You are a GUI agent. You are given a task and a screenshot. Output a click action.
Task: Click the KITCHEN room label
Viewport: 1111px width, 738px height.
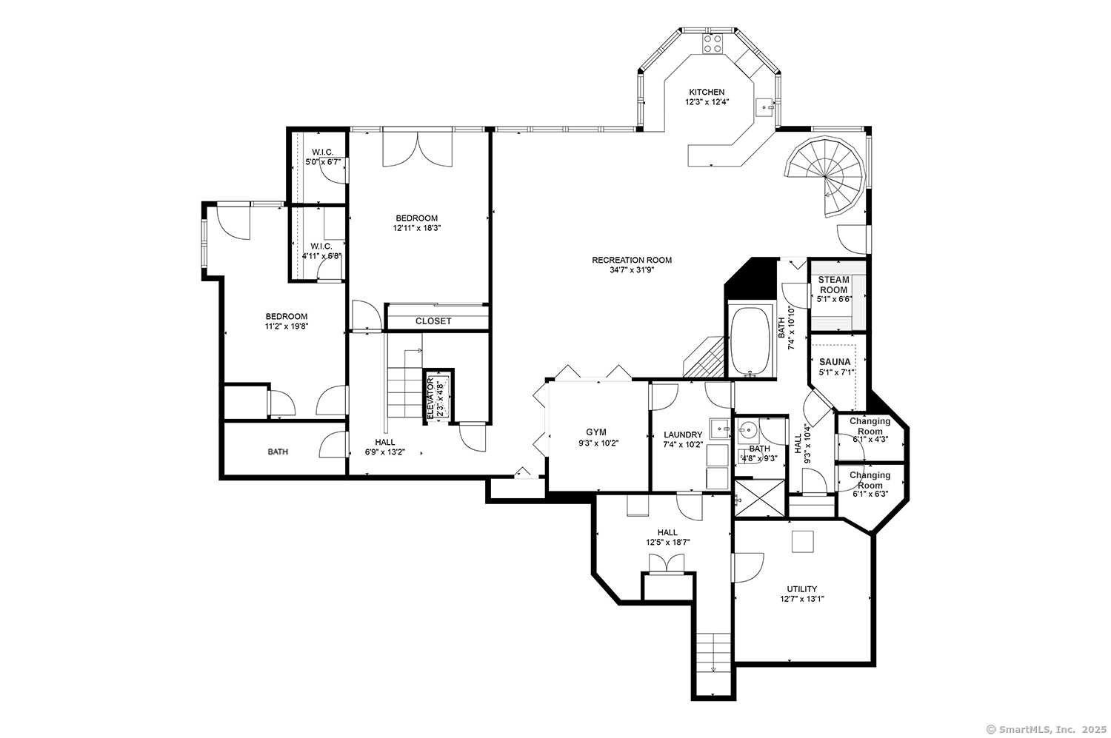[707, 93]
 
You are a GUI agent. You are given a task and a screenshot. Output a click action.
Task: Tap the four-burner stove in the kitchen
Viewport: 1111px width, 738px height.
[713, 44]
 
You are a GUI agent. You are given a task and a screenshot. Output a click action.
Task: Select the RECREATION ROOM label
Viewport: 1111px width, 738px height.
[631, 261]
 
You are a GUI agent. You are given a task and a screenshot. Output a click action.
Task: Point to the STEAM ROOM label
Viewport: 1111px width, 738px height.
[833, 285]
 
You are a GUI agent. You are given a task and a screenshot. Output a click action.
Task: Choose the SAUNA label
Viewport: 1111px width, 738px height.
[835, 362]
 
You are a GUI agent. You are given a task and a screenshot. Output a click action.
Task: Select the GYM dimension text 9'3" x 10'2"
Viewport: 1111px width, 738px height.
[598, 443]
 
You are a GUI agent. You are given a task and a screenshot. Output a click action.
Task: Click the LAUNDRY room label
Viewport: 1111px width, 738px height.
[683, 435]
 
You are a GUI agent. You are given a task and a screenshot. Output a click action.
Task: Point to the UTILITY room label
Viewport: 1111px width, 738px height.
[801, 588]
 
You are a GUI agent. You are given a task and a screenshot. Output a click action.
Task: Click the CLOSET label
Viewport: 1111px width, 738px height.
[433, 321]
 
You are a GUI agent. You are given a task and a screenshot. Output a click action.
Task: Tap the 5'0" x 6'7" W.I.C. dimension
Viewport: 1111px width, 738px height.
[322, 162]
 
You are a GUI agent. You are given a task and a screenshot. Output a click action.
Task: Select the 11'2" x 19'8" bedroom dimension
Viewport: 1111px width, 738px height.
[286, 326]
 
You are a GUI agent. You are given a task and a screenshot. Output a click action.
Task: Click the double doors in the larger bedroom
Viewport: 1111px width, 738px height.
[418, 149]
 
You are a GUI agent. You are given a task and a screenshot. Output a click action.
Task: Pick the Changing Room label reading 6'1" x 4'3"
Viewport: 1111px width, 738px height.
[870, 430]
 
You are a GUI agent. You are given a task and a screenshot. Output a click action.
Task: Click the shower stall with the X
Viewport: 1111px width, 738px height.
[760, 499]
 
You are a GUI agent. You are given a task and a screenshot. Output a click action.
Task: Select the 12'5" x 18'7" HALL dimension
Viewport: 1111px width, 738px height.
[667, 543]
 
